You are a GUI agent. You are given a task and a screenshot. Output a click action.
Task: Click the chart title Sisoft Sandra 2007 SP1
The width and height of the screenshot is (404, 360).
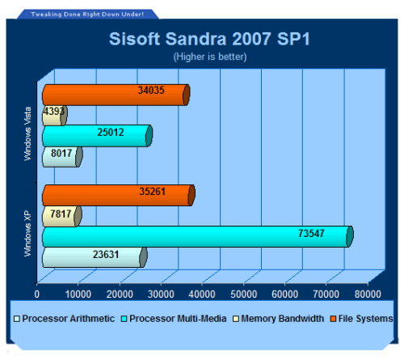pos(209,39)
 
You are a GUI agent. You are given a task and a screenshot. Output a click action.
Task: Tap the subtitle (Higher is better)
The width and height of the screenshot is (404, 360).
pos(210,57)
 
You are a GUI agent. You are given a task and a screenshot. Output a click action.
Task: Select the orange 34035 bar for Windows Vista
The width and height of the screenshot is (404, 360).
pos(116,95)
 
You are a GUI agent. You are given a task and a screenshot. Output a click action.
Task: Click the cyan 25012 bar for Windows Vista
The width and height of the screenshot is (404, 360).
pos(98,136)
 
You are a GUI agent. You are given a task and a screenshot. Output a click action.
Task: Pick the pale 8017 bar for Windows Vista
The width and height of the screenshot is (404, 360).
pos(62,157)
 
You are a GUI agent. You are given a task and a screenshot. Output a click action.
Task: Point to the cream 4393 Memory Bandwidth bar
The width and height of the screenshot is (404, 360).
pos(55,116)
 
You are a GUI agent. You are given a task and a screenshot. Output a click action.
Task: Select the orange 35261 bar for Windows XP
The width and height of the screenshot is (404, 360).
pos(119,195)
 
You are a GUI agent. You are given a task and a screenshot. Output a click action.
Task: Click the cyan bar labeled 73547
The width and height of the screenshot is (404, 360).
pos(198,236)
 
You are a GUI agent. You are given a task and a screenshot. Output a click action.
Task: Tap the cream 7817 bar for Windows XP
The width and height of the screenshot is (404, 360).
pos(62,216)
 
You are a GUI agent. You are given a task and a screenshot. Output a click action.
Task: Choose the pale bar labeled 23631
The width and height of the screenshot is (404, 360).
pos(95,257)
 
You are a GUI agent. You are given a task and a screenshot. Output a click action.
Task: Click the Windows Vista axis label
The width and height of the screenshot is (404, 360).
pos(27,134)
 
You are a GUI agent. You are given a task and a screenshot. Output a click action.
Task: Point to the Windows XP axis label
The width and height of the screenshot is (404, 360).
pos(27,234)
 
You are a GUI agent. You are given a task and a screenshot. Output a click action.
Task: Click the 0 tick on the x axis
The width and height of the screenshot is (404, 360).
pos(37,294)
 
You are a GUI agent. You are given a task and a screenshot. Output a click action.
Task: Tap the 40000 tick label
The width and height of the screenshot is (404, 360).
pos(202,294)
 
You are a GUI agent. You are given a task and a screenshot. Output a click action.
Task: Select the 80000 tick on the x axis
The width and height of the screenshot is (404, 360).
pos(368,294)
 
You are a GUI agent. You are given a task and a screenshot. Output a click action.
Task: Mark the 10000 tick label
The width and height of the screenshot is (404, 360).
pos(78,294)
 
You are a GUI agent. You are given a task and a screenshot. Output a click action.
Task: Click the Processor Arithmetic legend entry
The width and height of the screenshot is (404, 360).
pos(65,319)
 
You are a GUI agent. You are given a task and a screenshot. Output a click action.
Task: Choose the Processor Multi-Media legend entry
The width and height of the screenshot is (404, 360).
pos(174,319)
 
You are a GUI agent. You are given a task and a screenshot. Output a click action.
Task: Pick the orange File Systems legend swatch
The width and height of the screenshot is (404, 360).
pos(333,319)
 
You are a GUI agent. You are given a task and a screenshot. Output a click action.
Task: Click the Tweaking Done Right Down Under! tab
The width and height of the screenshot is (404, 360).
pos(87,15)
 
